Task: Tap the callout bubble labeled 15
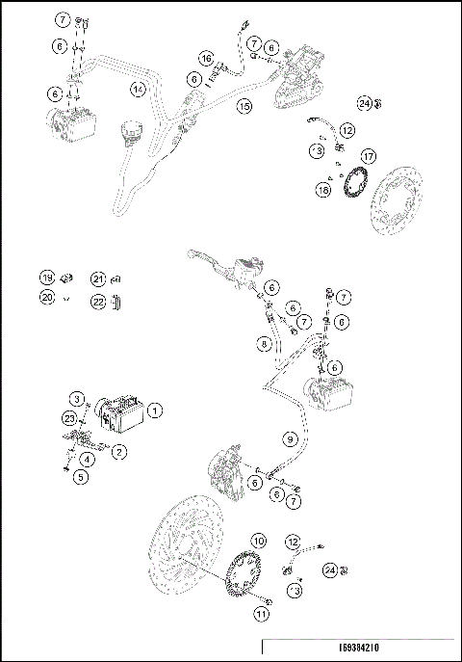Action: click(x=245, y=106)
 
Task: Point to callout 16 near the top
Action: click(x=207, y=59)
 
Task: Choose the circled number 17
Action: click(x=367, y=156)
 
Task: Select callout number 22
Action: click(x=97, y=301)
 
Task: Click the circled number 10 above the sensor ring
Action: click(x=258, y=541)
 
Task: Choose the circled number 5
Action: click(x=83, y=474)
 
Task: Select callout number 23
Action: click(x=69, y=418)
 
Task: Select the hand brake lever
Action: click(x=217, y=258)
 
